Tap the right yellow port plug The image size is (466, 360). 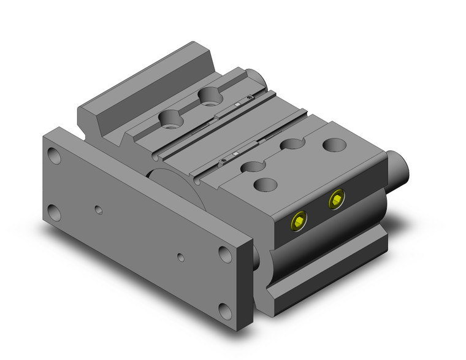[336, 199]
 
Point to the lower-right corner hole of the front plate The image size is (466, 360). [226, 310]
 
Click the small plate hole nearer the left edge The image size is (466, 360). [99, 210]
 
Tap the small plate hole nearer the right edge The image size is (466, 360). [180, 257]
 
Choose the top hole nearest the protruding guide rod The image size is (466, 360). [334, 145]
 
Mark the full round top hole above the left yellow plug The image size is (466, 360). [265, 184]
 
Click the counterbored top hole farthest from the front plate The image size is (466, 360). [210, 95]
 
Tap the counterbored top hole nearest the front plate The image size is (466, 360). [170, 118]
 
